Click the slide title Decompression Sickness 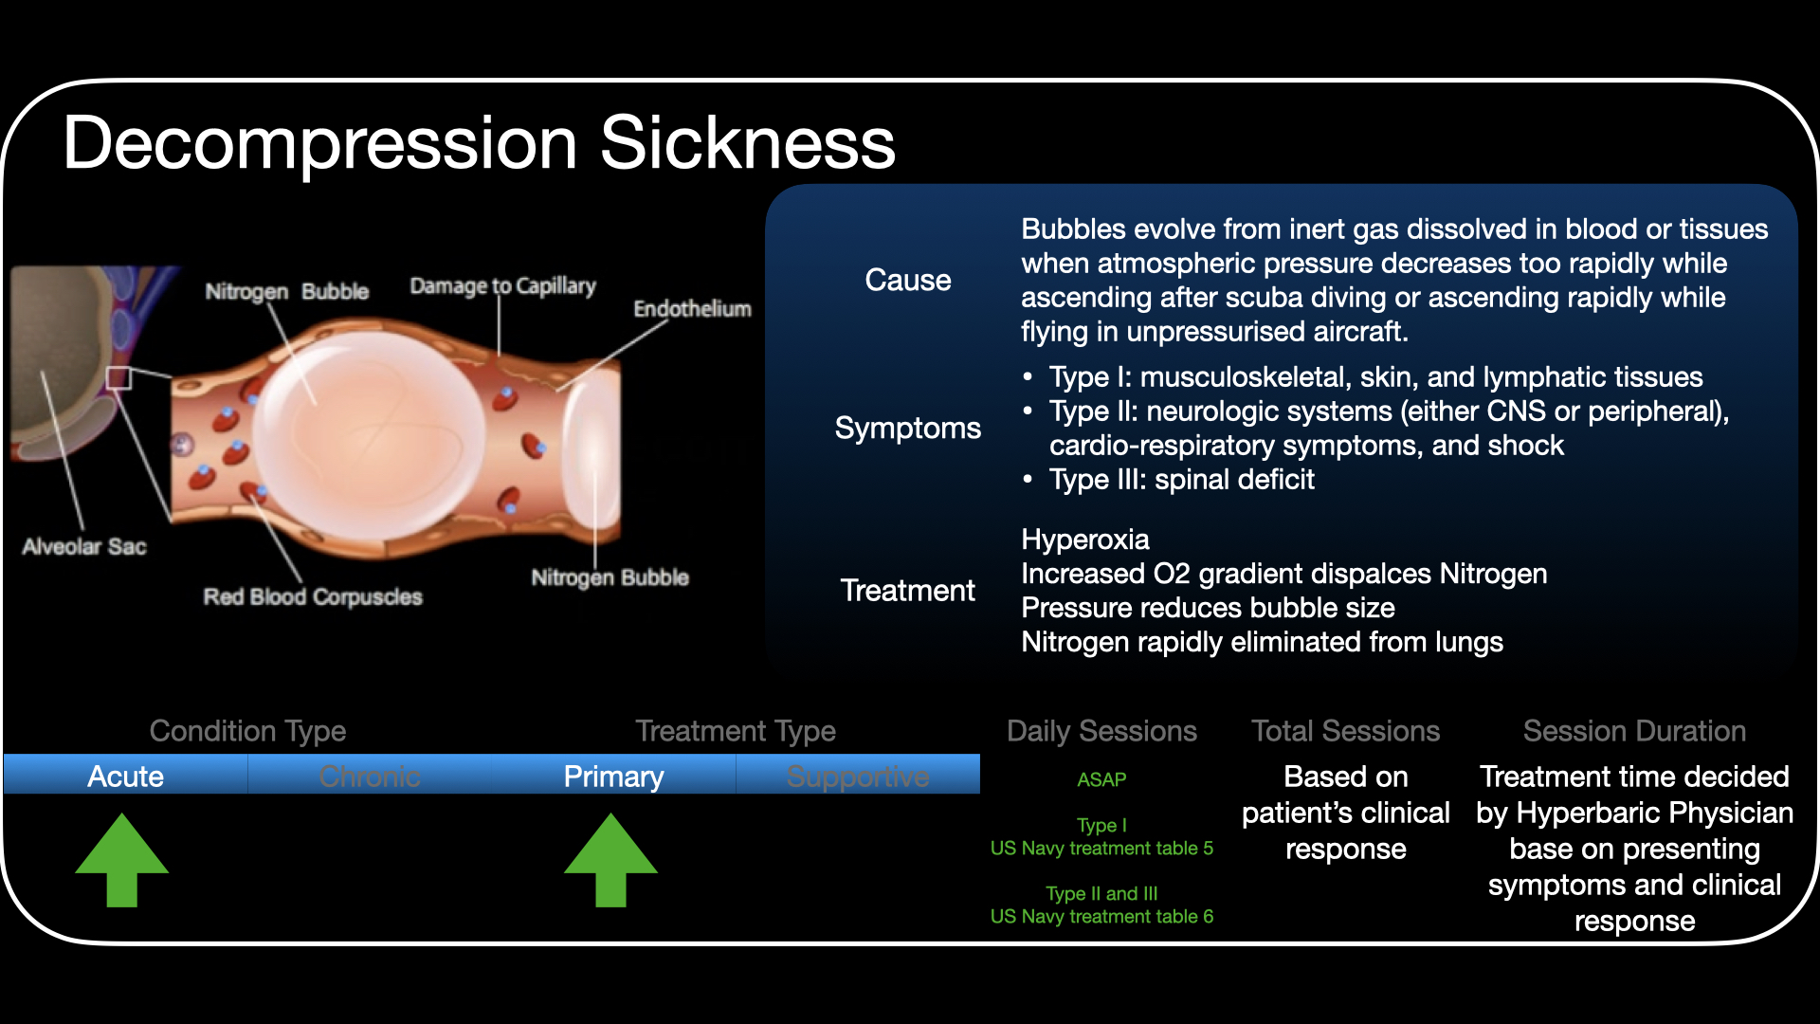[479, 143]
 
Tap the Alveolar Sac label [84, 546]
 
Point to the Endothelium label [692, 308]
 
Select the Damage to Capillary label [502, 285]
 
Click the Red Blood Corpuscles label [313, 596]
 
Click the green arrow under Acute [122, 860]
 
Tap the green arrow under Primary [610, 860]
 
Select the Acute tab [125, 776]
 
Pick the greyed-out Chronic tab [370, 776]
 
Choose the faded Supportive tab [858, 776]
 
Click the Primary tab [613, 776]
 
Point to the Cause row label [907, 280]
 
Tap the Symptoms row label [907, 428]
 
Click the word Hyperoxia [1084, 539]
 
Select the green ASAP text [1101, 779]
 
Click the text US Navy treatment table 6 [1101, 916]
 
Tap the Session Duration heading [1634, 730]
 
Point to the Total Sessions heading [1345, 730]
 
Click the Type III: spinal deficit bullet [1181, 479]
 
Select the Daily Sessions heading [1101, 730]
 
